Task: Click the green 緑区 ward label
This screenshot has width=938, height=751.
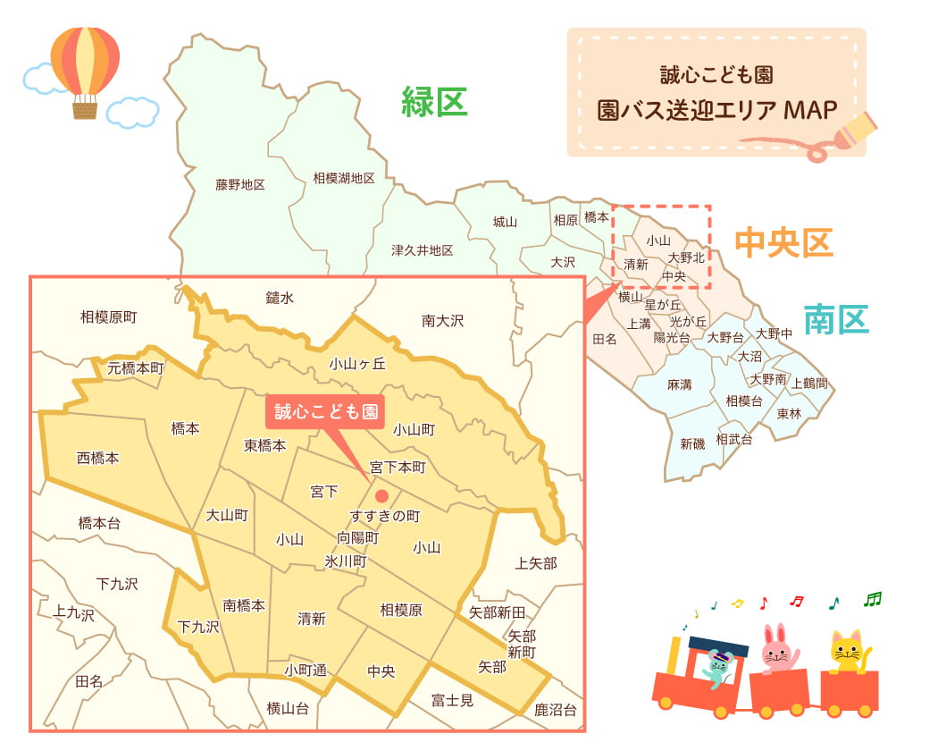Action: coord(434,101)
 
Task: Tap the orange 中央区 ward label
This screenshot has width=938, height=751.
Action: coord(783,241)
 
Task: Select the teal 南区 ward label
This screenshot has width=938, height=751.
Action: coord(835,319)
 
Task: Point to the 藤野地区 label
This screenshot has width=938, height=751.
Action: coord(240,185)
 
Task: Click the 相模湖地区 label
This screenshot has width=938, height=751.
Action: coord(344,179)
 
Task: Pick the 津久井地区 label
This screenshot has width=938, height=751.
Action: coord(422,250)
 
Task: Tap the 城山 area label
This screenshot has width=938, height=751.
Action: coord(506,221)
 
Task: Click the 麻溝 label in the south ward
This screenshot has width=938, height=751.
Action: coord(680,384)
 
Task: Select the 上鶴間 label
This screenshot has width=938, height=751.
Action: coord(809,383)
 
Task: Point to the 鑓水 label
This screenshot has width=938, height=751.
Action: coord(280,298)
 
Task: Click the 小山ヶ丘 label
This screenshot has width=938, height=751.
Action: coord(356,363)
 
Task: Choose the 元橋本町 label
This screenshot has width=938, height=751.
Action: coord(136,367)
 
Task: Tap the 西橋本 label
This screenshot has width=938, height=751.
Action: coord(98,458)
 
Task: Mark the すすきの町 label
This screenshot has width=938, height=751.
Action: coord(385,517)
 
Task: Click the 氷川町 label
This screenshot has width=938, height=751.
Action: coord(346,561)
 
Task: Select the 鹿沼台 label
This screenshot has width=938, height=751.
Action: coord(556,711)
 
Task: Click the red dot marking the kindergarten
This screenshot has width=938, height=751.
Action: coord(381,495)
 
